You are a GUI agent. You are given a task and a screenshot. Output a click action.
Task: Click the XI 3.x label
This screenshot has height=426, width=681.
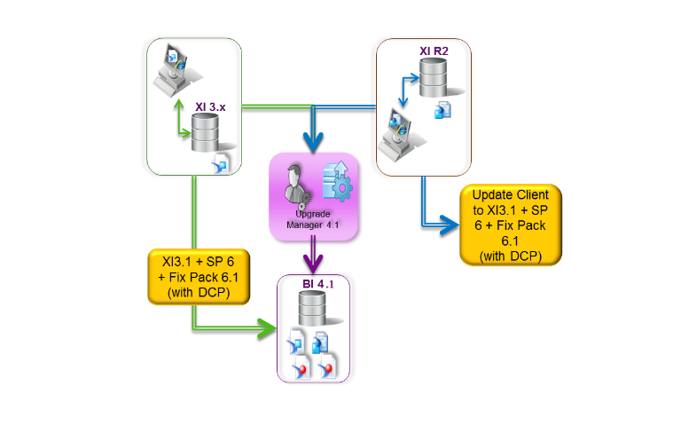pyautogui.click(x=210, y=107)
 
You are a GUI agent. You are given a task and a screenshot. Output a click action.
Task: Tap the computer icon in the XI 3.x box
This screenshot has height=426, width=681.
pyautogui.click(x=169, y=74)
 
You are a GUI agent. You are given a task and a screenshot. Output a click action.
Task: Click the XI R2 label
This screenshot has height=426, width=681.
pyautogui.click(x=434, y=51)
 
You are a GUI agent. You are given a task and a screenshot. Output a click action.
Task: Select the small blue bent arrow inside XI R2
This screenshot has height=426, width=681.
pyautogui.click(x=405, y=90)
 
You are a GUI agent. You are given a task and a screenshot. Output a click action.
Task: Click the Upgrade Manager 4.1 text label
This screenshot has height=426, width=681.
pyautogui.click(x=314, y=220)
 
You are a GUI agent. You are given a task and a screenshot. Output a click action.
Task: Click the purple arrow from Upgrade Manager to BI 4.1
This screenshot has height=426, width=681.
pyautogui.click(x=313, y=257)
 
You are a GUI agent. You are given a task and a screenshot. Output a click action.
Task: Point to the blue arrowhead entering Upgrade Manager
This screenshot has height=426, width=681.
pyautogui.click(x=313, y=141)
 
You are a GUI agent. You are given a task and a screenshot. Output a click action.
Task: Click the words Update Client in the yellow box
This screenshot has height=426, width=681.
pyautogui.click(x=516, y=193)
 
